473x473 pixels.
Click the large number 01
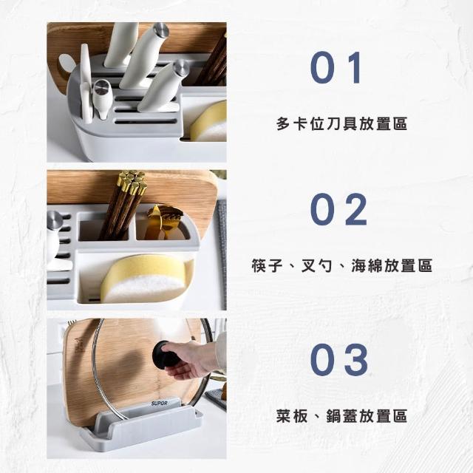click(x=336, y=67)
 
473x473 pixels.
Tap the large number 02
click(x=338, y=210)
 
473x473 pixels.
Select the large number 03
click(x=339, y=360)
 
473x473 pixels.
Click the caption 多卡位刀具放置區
click(x=341, y=123)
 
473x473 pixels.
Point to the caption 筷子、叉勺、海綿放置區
click(x=341, y=266)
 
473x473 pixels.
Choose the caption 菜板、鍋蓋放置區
click(x=341, y=416)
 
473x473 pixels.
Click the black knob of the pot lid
click(x=163, y=355)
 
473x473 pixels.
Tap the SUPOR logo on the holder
click(x=160, y=404)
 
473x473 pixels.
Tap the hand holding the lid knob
click(x=193, y=359)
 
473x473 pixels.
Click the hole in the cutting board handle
click(x=67, y=65)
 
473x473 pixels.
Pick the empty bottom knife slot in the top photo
click(x=146, y=122)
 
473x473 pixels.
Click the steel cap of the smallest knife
click(x=101, y=86)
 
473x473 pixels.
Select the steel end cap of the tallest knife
click(x=161, y=30)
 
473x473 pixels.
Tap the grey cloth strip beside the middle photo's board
click(x=222, y=254)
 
